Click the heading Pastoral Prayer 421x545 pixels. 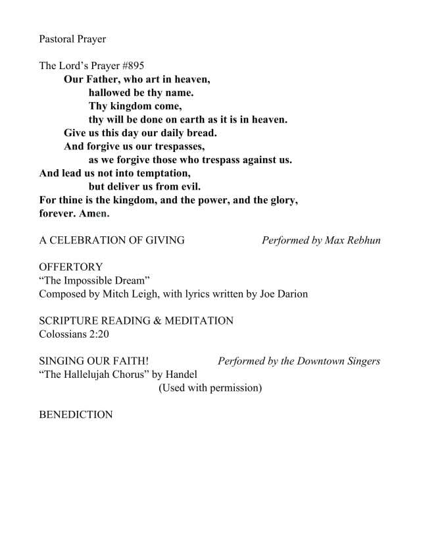pos(72,39)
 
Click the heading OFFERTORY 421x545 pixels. pos(71,267)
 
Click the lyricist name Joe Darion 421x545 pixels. pos(284,294)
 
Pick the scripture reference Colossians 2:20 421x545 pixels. pos(72,334)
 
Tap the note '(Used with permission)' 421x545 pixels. pos(210,388)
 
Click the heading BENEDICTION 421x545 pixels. pos(76,415)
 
